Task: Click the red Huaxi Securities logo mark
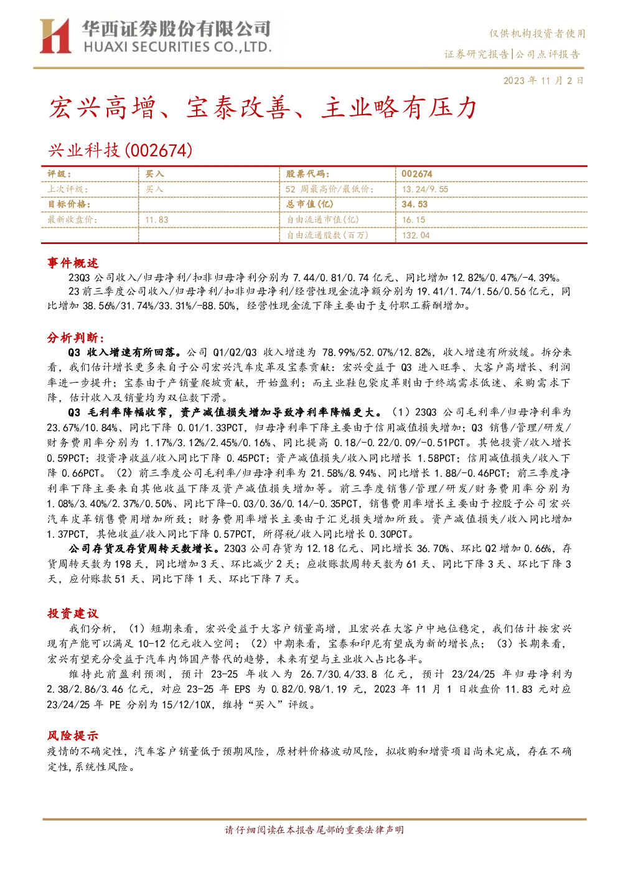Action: click(55, 35)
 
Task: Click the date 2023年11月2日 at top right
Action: click(543, 81)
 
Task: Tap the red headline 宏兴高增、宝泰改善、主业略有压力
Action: click(263, 108)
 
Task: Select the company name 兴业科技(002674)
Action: click(120, 150)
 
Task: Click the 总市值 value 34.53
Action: click(414, 204)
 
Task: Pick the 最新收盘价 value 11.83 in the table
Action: click(156, 220)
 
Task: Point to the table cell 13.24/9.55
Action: click(425, 189)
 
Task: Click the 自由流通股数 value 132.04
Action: click(416, 235)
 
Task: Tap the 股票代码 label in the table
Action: click(307, 174)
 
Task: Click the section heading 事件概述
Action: click(73, 263)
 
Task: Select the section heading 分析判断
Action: click(76, 337)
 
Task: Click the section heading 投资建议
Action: click(73, 614)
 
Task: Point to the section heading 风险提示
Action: click(73, 736)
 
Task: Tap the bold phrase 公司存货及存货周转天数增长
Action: click(144, 549)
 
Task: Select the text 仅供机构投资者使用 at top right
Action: click(537, 34)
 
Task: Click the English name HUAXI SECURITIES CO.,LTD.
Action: click(177, 47)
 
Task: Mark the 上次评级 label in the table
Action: click(67, 189)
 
